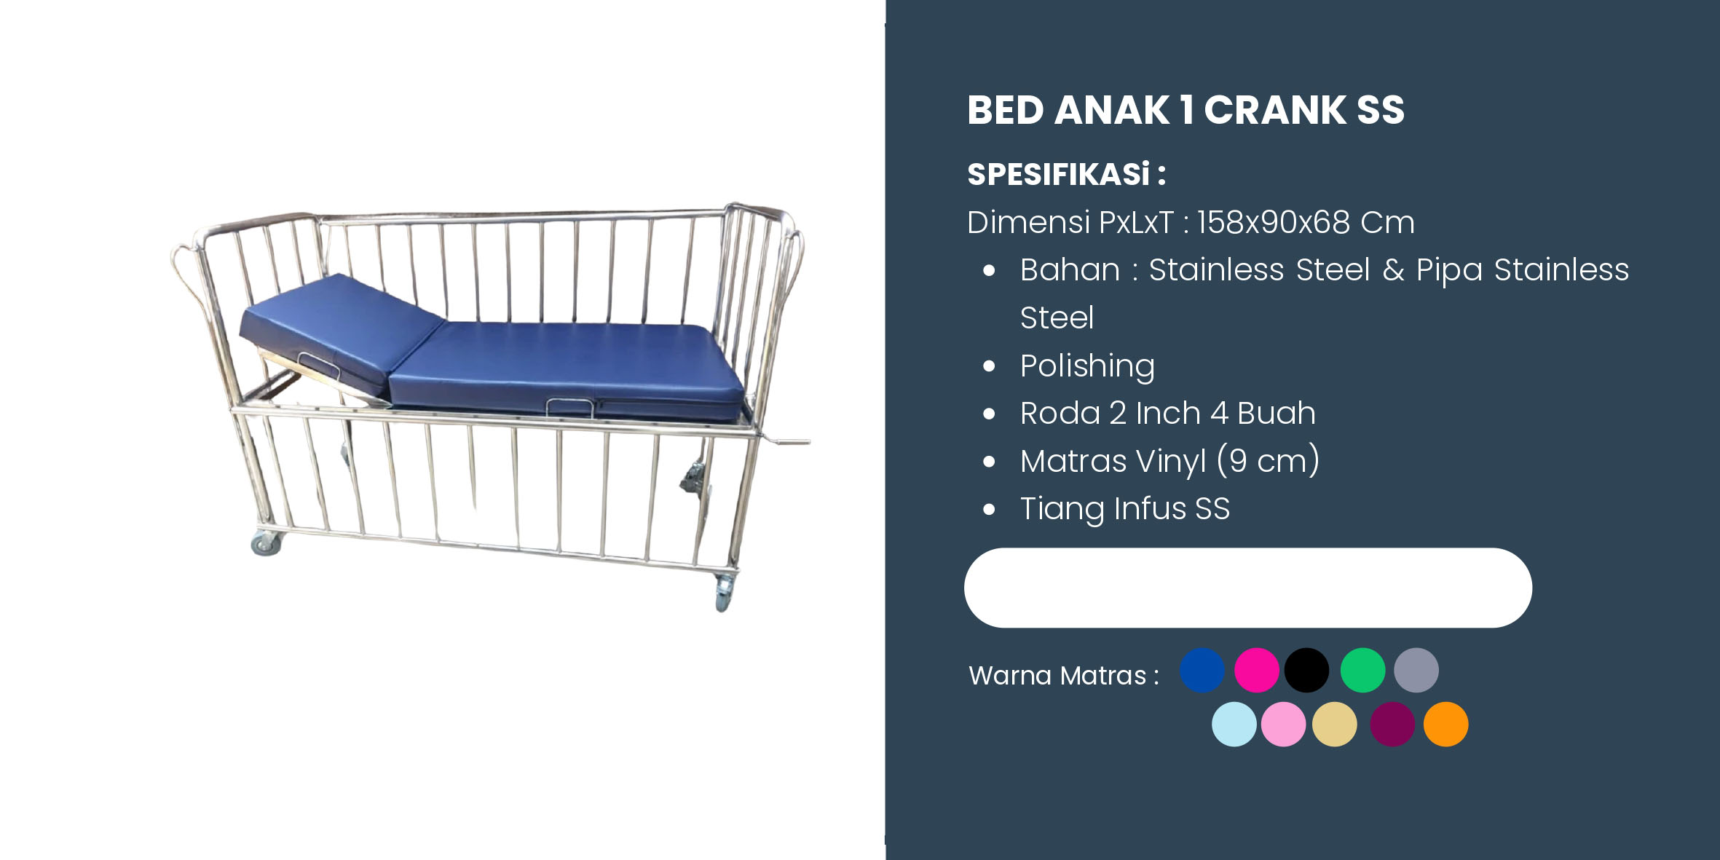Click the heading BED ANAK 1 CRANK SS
pyautogui.click(x=1186, y=110)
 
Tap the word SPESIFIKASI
pyautogui.click(x=1058, y=174)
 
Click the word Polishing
pyautogui.click(x=1087, y=366)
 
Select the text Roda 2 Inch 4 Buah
pyautogui.click(x=1167, y=413)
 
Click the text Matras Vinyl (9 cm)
pyautogui.click(x=1169, y=461)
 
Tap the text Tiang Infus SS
pyautogui.click(x=1125, y=508)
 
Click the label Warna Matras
pyautogui.click(x=1057, y=676)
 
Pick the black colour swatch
pyautogui.click(x=1306, y=670)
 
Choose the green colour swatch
pyautogui.click(x=1362, y=670)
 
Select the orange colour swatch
pyautogui.click(x=1445, y=724)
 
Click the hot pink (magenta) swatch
pyautogui.click(x=1257, y=670)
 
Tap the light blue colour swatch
pyautogui.click(x=1234, y=724)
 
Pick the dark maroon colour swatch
pyautogui.click(x=1392, y=724)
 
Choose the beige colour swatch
pyautogui.click(x=1334, y=724)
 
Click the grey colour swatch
pyautogui.click(x=1416, y=670)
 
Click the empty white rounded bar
pyautogui.click(x=1247, y=588)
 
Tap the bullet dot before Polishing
pyautogui.click(x=989, y=366)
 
